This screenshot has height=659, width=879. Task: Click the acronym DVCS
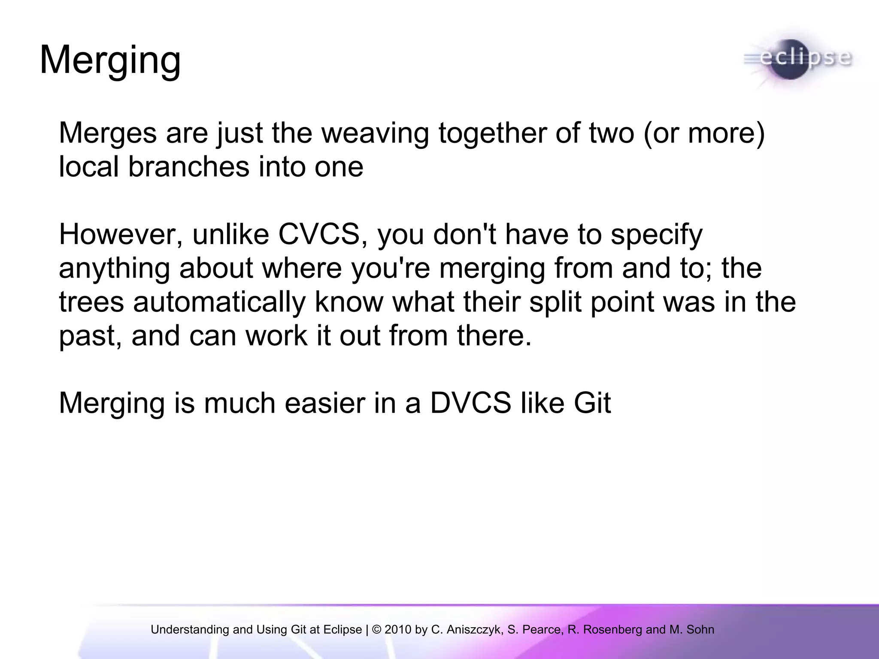470,403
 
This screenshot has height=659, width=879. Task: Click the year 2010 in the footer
399,630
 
